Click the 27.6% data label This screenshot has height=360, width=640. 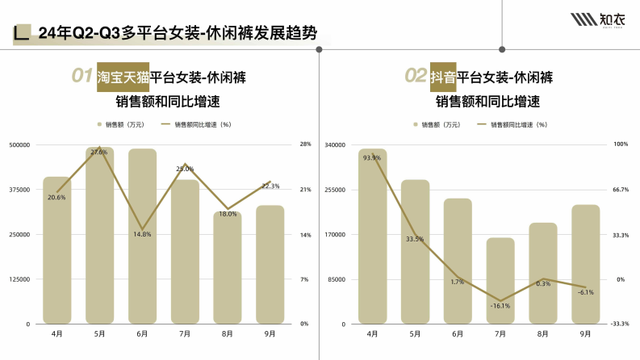point(98,152)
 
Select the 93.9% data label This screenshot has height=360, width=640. point(372,157)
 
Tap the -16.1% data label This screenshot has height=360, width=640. point(500,306)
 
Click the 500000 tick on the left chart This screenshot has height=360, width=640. point(19,144)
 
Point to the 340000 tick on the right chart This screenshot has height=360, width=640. point(335,144)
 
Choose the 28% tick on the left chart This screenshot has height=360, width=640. point(305,144)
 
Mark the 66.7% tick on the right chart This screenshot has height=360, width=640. point(621,190)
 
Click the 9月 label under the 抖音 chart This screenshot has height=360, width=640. point(586,333)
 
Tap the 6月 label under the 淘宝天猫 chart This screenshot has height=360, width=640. point(142,333)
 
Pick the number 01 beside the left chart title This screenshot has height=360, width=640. point(82,77)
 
